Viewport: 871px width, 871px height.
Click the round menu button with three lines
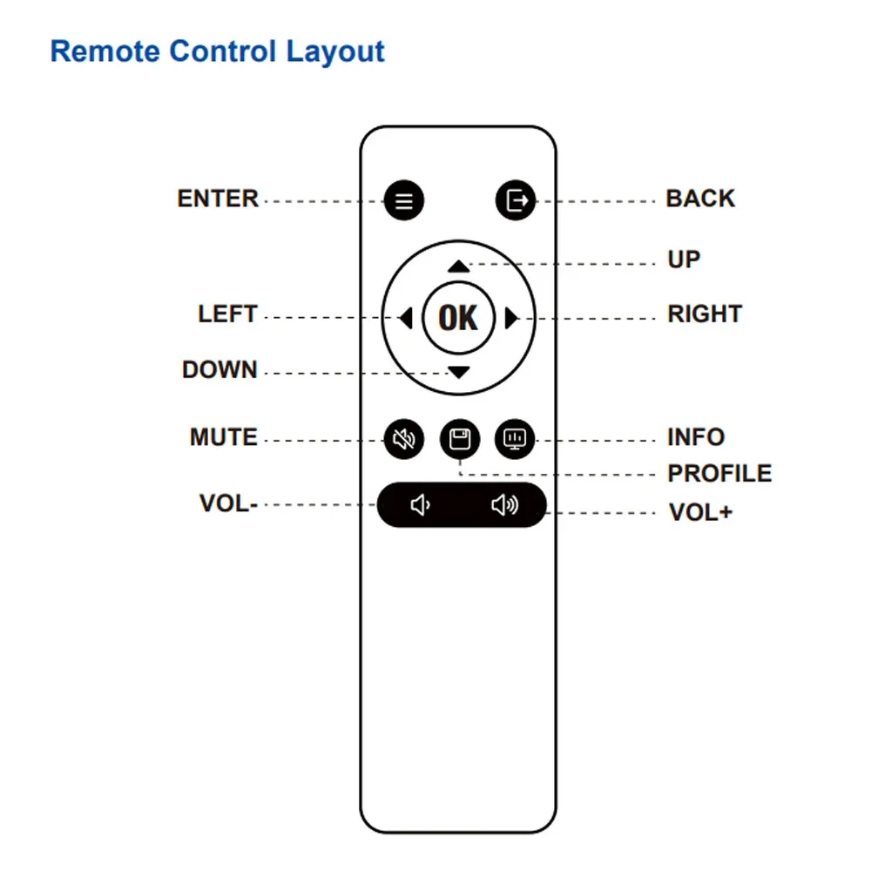(404, 200)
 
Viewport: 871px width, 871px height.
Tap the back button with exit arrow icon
(516, 200)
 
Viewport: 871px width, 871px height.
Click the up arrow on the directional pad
(458, 267)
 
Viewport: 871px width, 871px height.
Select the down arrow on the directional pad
(459, 372)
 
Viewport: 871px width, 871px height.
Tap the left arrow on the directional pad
(406, 318)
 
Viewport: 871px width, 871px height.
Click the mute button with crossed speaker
(404, 439)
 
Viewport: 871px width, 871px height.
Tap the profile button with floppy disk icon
(460, 439)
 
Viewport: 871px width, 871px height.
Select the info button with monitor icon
(515, 439)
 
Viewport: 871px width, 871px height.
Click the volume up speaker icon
(505, 505)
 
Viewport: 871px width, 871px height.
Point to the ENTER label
(218, 199)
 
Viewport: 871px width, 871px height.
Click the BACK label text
(700, 199)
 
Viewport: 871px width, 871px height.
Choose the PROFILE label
(719, 474)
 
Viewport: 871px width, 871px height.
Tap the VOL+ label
(700, 512)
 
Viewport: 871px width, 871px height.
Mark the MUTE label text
(224, 437)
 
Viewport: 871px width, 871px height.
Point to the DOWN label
(220, 370)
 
